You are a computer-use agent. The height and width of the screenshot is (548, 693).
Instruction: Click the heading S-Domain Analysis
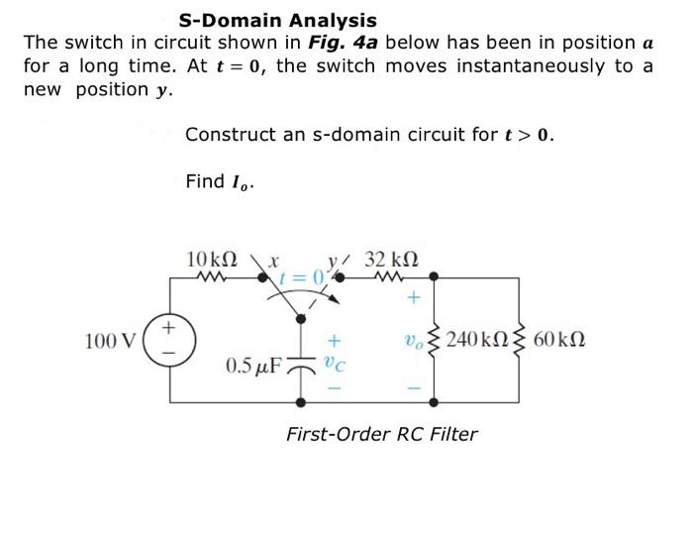[x=277, y=20]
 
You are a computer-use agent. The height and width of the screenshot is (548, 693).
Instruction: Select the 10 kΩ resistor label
[x=210, y=260]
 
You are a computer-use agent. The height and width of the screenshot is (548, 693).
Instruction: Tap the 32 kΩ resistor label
[x=392, y=260]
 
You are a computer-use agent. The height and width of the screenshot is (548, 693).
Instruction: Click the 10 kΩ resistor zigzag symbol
[x=211, y=278]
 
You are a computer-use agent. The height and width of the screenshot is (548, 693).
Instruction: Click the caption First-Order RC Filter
[x=381, y=433]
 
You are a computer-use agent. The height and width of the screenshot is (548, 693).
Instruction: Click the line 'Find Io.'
[x=219, y=181]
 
